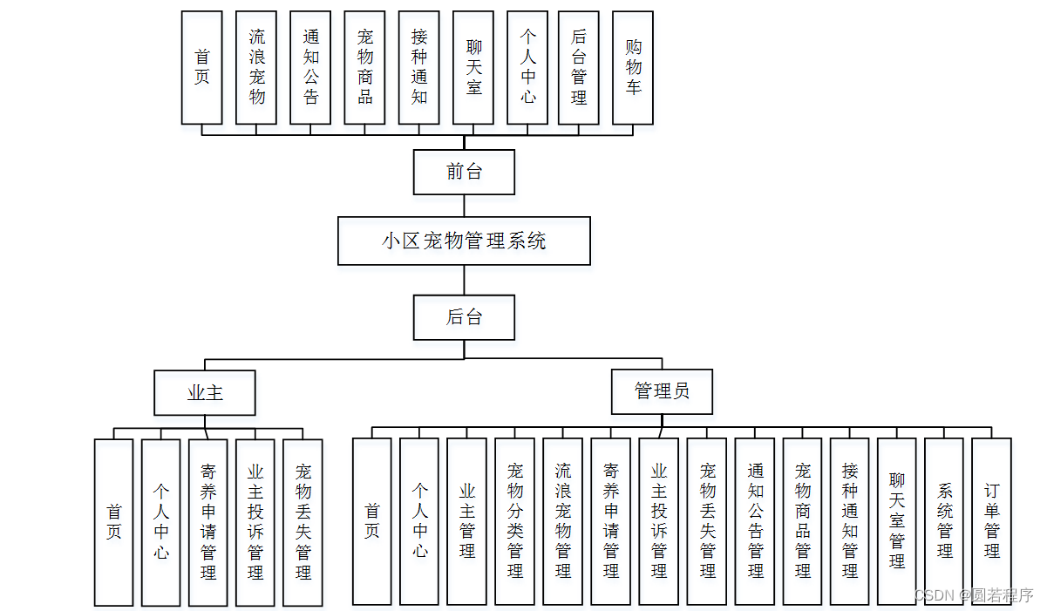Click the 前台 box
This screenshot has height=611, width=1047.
pos(464,172)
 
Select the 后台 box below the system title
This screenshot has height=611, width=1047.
pos(464,317)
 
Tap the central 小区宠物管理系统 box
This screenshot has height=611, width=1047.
pos(464,241)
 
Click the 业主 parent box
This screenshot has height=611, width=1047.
pos(205,392)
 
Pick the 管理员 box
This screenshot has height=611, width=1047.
pos(662,391)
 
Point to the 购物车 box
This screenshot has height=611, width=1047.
pos(634,67)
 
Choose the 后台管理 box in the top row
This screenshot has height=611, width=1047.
pos(579,67)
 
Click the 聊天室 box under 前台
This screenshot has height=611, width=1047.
pos(474,67)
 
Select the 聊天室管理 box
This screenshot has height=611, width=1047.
pos(897,521)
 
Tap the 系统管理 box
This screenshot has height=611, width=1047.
pos(945,521)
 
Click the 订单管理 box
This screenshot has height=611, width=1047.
pos(992,521)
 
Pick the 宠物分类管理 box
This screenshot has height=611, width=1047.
pos(515,521)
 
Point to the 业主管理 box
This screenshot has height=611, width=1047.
pos(467,521)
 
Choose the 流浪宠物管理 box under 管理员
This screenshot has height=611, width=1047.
pos(563,521)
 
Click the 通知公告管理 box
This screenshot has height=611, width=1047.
pos(755,521)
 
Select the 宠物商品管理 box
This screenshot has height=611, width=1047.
pos(803,521)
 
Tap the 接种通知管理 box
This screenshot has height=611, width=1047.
pos(850,521)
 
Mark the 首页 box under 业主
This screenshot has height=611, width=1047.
pos(114,522)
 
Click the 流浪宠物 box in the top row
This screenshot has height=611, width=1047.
pos(257,67)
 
